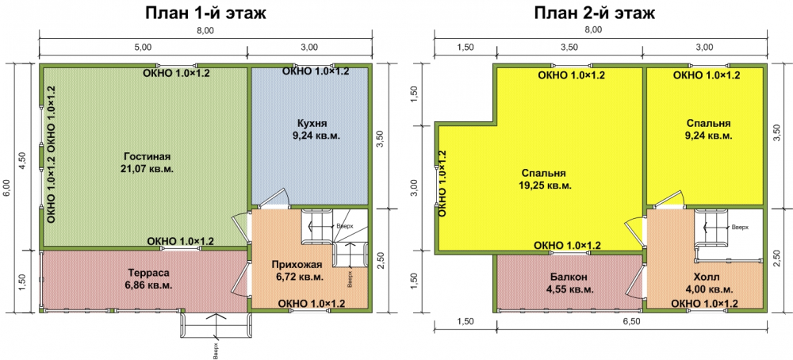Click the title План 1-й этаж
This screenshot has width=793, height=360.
point(206,13)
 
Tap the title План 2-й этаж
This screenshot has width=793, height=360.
point(595,13)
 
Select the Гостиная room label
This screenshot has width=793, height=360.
point(147,155)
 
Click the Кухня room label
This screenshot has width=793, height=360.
point(312,124)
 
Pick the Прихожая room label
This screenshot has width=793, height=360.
point(297,264)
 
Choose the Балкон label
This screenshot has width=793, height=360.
point(569,277)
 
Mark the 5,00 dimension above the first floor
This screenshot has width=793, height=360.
point(143,47)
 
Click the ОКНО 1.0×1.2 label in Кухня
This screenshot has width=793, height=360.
point(316,71)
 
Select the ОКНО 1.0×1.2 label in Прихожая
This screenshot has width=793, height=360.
point(312,304)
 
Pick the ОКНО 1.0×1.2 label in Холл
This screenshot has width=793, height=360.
point(704,304)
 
